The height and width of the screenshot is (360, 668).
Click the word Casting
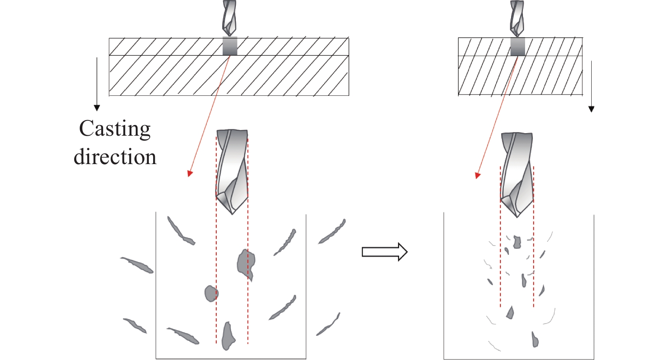[x=115, y=129]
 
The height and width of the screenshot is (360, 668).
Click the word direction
[x=115, y=157]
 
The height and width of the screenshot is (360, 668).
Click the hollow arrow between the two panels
[x=384, y=252]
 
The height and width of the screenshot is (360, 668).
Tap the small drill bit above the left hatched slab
[x=229, y=18]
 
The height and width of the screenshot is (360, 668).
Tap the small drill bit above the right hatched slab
[x=517, y=18]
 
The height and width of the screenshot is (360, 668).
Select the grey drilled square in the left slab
[x=230, y=46]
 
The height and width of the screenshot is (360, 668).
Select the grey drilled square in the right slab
[x=517, y=47]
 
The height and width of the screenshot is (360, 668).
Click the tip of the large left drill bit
[x=232, y=212]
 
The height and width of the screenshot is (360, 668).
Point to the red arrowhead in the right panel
[x=478, y=175]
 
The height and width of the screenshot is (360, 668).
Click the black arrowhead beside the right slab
[x=591, y=109]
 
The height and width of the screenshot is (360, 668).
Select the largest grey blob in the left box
[x=246, y=263]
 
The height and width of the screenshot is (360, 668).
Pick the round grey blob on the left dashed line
[x=211, y=293]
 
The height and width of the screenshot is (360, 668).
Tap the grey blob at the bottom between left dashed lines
[x=228, y=336]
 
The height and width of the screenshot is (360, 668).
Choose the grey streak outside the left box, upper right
[x=333, y=231]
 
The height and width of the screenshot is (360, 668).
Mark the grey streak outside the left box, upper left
[x=137, y=265]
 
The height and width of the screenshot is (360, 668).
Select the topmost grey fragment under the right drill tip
[x=517, y=242]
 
